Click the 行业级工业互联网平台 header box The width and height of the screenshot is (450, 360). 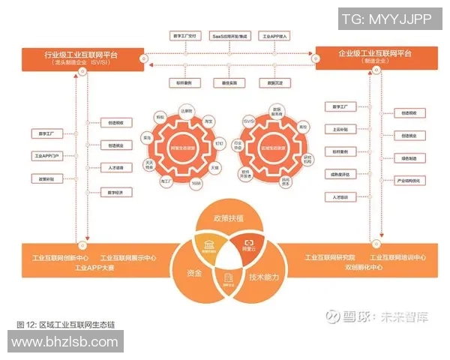click(80, 58)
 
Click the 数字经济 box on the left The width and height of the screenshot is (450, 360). click(115, 193)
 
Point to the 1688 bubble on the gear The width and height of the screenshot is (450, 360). click(196, 184)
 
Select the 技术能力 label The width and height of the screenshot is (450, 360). click(264, 277)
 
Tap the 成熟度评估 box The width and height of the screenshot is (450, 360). click(339, 174)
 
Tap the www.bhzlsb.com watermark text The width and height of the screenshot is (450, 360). click(64, 343)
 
